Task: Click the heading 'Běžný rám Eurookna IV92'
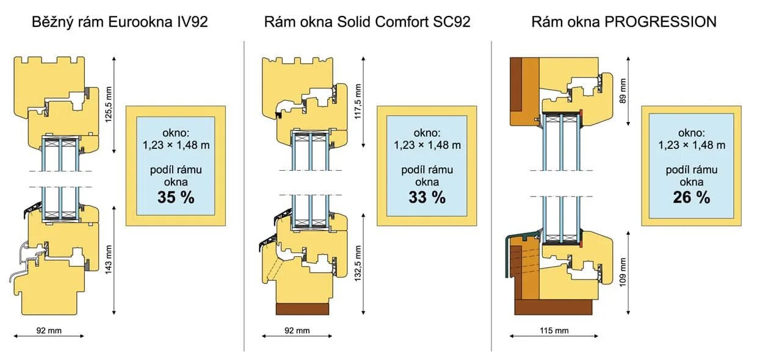point(120,23)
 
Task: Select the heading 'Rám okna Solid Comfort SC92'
point(367,23)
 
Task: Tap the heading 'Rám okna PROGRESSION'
point(623,23)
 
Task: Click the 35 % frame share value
point(175,197)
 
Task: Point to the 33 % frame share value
point(427,197)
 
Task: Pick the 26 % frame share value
point(691,197)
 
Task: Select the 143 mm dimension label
point(109,259)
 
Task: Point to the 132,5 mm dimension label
point(358,263)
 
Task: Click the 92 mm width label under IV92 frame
point(49,331)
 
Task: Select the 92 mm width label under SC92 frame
point(297,331)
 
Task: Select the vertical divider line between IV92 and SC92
point(244,195)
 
